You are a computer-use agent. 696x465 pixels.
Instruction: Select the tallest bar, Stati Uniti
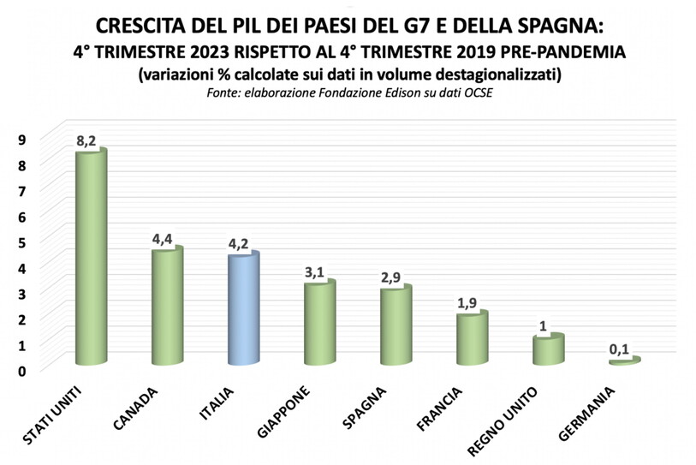[91, 257]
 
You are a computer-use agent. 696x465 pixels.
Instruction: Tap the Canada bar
[167, 306]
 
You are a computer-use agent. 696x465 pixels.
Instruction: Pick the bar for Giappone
[318, 322]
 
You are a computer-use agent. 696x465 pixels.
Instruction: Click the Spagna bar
[395, 325]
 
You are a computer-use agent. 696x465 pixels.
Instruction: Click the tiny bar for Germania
[623, 361]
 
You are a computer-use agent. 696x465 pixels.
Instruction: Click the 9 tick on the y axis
[22, 138]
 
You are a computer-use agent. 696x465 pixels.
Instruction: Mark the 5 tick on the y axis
[22, 241]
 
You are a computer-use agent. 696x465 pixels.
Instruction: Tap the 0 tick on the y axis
[22, 370]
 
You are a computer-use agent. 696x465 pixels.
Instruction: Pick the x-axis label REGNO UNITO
[503, 425]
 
